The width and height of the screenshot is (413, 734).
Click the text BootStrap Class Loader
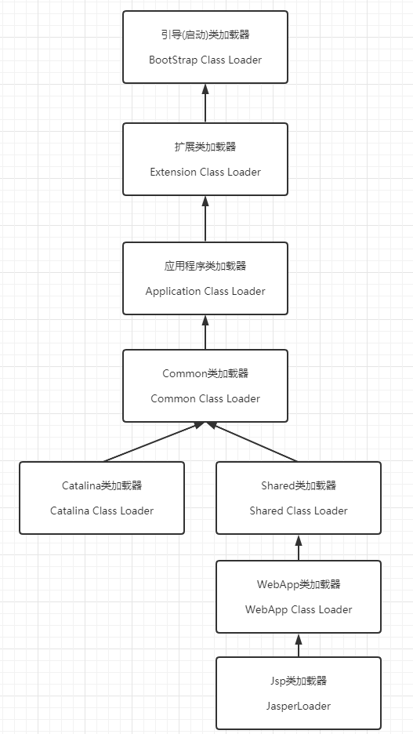click(x=205, y=60)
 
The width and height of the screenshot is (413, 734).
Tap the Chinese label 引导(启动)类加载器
click(x=205, y=35)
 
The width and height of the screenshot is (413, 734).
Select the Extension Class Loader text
click(x=205, y=172)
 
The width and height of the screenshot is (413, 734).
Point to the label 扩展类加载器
click(x=205, y=147)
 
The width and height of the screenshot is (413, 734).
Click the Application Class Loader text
click(x=205, y=291)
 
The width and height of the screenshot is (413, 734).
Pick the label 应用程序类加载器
click(x=205, y=267)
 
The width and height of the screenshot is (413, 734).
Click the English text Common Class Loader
click(x=205, y=399)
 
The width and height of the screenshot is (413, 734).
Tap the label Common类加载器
click(x=205, y=373)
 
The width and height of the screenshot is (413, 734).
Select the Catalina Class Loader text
click(x=102, y=511)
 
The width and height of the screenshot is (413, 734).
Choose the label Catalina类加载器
click(x=102, y=485)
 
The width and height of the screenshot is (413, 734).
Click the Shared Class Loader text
click(x=299, y=511)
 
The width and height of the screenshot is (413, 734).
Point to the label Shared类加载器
click(x=299, y=485)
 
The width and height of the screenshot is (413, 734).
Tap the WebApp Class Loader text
click(x=299, y=609)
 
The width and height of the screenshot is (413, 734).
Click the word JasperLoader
click(x=299, y=706)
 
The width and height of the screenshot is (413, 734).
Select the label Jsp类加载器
click(x=299, y=681)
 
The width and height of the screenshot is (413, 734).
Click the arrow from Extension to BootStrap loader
click(x=205, y=104)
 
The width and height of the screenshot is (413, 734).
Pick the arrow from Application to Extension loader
click(x=205, y=219)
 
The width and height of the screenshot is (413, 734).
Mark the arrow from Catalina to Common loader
click(x=154, y=442)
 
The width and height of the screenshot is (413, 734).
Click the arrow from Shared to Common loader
click(x=252, y=442)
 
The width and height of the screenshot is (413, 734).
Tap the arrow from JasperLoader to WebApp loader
click(x=299, y=645)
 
